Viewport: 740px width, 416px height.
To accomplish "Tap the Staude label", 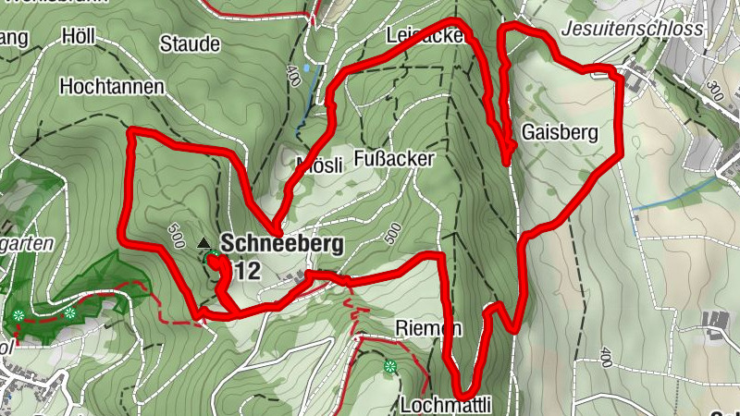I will coord(190,43).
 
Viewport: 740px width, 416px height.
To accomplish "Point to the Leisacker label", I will coord(425,37).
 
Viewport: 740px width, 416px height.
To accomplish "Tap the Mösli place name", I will coord(317,165).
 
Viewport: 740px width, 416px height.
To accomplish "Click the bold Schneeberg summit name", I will coord(281,244).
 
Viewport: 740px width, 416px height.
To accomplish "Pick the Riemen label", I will coord(427,328).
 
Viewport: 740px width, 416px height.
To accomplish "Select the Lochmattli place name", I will coord(445,404).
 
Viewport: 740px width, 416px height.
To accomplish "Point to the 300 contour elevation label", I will coord(714,92).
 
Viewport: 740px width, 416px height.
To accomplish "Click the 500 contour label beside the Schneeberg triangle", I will coord(177,239).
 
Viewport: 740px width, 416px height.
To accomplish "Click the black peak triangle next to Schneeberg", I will coord(203,243).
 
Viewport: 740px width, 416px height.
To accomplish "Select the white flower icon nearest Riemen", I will coord(389,367).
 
